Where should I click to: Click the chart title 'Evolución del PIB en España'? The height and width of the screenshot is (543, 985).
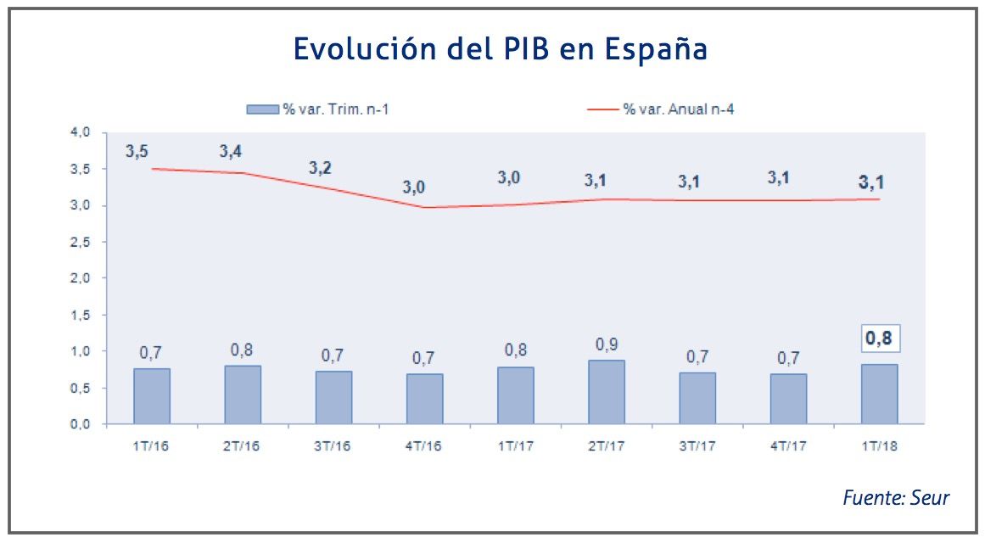(x=501, y=49)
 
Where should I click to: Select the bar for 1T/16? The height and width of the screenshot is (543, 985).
(x=152, y=396)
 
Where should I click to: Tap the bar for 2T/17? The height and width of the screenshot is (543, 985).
(x=607, y=392)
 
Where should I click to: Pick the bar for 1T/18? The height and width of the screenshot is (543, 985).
(x=879, y=395)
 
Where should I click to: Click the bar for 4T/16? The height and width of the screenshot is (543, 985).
(x=424, y=399)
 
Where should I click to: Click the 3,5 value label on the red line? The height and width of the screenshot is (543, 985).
(x=137, y=152)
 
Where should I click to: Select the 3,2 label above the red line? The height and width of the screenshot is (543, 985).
(x=320, y=167)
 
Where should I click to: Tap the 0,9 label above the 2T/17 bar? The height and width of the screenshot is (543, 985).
(x=607, y=344)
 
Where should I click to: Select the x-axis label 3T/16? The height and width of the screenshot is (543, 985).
(x=333, y=446)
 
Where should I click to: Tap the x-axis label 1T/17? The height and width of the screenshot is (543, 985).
(x=516, y=446)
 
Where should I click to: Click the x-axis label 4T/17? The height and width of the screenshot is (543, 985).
(x=788, y=446)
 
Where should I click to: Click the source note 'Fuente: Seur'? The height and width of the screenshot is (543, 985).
(x=896, y=498)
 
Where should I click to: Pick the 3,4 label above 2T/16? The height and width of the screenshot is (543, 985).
(x=231, y=152)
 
